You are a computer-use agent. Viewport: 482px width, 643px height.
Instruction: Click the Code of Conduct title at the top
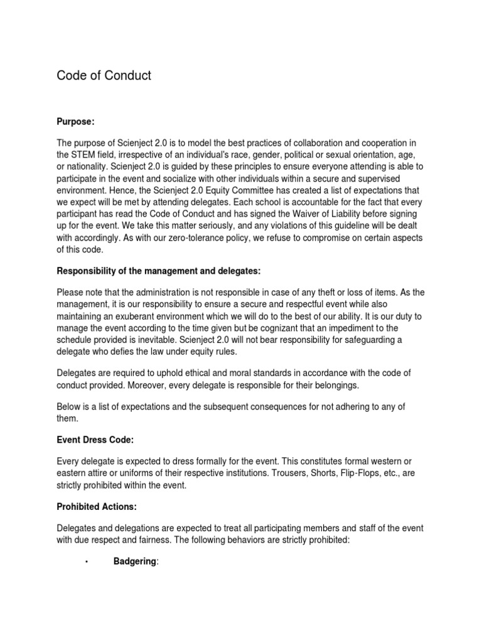(x=104, y=76)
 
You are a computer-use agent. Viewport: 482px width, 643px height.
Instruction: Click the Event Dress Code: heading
(x=95, y=441)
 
